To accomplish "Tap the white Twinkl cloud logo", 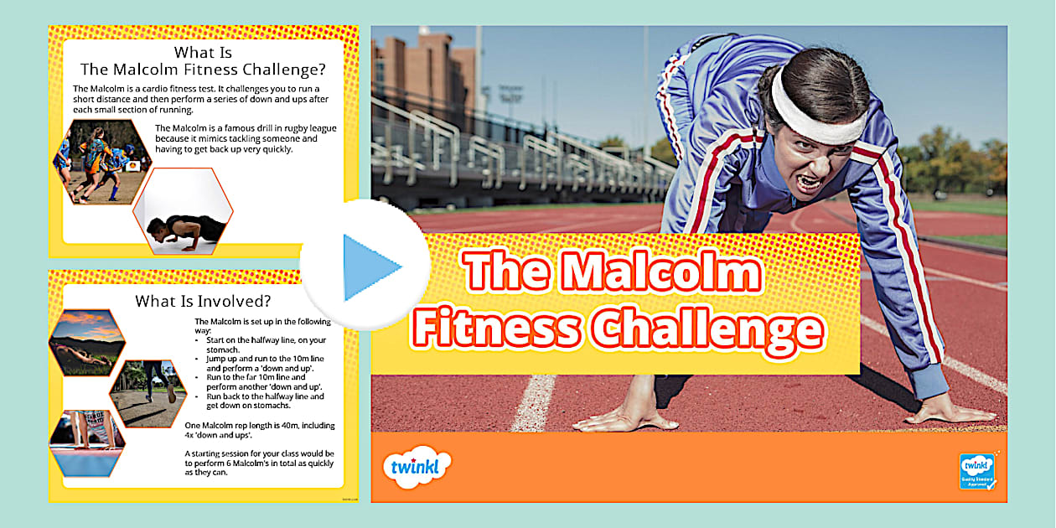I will (x=416, y=466).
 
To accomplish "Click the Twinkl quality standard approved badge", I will (x=976, y=471).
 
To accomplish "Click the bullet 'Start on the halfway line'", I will (x=266, y=339).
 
